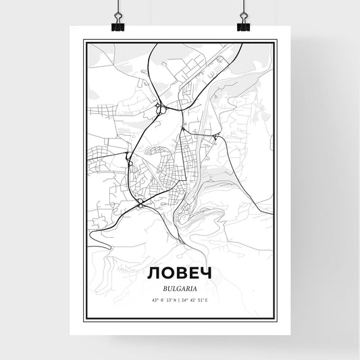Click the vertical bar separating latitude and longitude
(x=180, y=300)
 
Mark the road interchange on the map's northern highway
(x=159, y=108)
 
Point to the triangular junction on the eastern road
(x=215, y=138)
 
